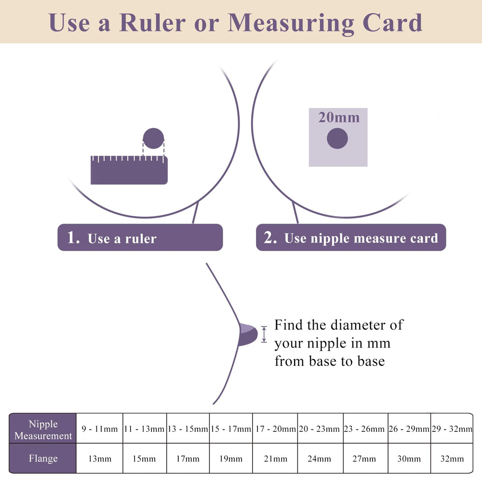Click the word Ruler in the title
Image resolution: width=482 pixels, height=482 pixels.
pyautogui.click(x=152, y=23)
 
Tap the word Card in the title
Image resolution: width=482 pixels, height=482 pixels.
pyautogui.click(x=392, y=23)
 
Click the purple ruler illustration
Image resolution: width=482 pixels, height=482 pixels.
pyautogui.click(x=129, y=170)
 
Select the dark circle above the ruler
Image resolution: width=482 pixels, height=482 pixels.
pyautogui.click(x=153, y=138)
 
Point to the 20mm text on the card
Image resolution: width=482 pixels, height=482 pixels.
pyautogui.click(x=339, y=118)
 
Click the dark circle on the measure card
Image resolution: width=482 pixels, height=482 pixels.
pyautogui.click(x=337, y=138)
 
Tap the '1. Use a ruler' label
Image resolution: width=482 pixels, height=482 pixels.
pyautogui.click(x=140, y=237)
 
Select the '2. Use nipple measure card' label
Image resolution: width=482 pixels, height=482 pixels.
pyautogui.click(x=351, y=237)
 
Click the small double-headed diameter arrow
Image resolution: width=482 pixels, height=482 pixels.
pyautogui.click(x=264, y=334)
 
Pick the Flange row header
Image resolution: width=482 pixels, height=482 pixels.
pyautogui.click(x=43, y=458)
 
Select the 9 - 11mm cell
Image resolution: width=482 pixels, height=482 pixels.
pyautogui.click(x=100, y=428)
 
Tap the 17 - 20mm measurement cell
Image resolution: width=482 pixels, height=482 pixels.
pyautogui.click(x=275, y=428)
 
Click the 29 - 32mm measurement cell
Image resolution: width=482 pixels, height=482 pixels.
pyautogui.click(x=452, y=428)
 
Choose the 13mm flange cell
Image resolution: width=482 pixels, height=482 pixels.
pyautogui.click(x=100, y=458)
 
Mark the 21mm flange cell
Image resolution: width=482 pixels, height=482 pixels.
pyautogui.click(x=275, y=458)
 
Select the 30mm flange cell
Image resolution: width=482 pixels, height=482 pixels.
pyautogui.click(x=409, y=458)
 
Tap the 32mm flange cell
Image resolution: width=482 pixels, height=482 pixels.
pyautogui.click(x=452, y=458)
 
